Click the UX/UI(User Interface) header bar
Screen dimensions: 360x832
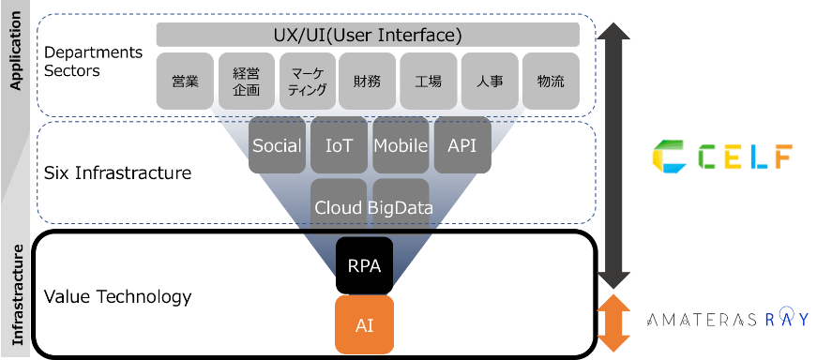point(368,36)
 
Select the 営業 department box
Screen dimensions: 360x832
point(185,81)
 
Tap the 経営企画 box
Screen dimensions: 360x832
point(246,81)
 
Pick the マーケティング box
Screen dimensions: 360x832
point(307,81)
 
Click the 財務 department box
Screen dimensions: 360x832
point(368,81)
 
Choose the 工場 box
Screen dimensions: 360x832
point(429,81)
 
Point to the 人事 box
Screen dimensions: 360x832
point(490,81)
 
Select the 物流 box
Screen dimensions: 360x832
point(551,81)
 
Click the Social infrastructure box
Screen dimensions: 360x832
point(277,145)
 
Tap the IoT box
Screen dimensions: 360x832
point(339,145)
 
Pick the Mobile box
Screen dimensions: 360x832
point(401,145)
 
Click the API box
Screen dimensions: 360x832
point(462,145)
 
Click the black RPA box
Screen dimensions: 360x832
point(364,265)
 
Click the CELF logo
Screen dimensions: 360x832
point(721,157)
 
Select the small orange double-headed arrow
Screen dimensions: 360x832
point(614,322)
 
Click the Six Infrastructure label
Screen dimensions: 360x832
point(117,173)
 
